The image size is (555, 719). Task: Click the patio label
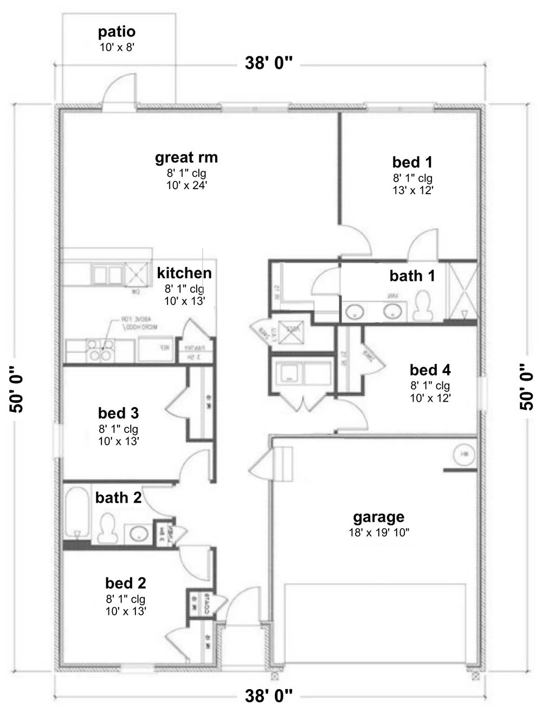[117, 32]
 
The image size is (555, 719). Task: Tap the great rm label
[186, 158]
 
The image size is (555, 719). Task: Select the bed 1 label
[412, 162]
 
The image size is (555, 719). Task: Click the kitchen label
[184, 273]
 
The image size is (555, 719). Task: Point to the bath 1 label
[412, 276]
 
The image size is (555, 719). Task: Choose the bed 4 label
[430, 370]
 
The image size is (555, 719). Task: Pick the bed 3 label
[118, 413]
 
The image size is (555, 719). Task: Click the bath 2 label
[118, 497]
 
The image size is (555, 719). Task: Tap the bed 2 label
[125, 583]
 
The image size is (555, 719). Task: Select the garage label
[378, 517]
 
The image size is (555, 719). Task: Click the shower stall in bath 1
[460, 291]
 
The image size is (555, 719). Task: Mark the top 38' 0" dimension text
[269, 63]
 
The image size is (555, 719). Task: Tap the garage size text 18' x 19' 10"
[378, 532]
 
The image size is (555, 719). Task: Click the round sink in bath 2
[139, 533]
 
